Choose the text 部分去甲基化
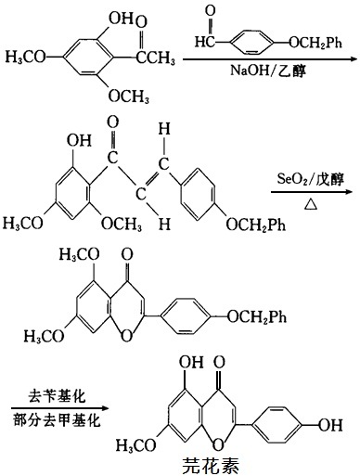tap(54, 416)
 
